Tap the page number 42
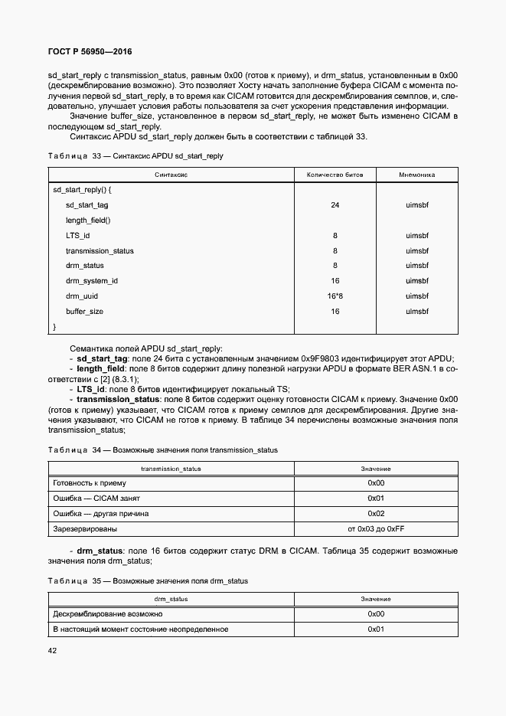click(53, 651)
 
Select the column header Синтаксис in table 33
click(171, 175)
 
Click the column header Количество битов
click(335, 175)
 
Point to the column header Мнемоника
click(416, 175)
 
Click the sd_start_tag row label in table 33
click(87, 205)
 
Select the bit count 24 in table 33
click(335, 205)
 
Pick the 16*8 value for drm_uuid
click(335, 296)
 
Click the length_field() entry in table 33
click(88, 221)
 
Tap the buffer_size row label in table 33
click(84, 312)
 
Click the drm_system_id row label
click(91, 281)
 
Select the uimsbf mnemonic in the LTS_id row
click(416, 236)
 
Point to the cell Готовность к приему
click(89, 483)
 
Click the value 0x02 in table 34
click(376, 514)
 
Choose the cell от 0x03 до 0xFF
click(375, 529)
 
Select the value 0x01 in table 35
click(376, 629)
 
